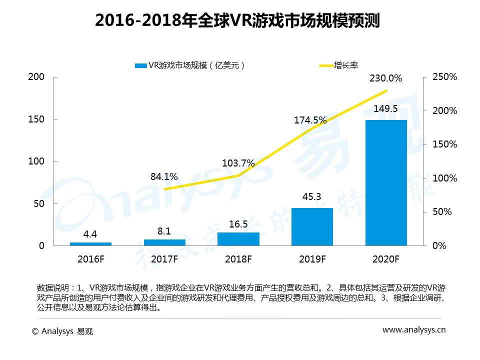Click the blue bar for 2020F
[386, 182]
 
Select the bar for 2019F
[312, 226]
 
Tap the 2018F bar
[238, 239]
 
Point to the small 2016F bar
[90, 243]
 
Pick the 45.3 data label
[312, 197]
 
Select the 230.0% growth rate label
[385, 78]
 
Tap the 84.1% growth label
[164, 176]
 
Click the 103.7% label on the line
[238, 163]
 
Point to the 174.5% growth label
[310, 120]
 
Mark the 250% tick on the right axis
[445, 77]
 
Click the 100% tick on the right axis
[445, 178]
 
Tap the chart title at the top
[237, 21]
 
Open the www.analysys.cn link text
[414, 329]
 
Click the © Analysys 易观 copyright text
[62, 331]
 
